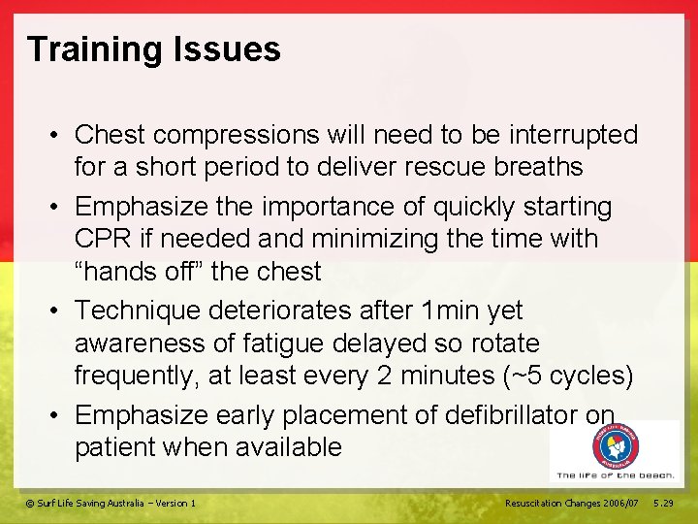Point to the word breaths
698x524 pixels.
coord(535,167)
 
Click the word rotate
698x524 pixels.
coord(500,344)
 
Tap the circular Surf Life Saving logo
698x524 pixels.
coord(617,447)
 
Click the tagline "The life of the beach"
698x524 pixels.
coord(615,475)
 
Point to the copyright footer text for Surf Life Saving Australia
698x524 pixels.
coord(111,503)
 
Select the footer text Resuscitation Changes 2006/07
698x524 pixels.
coord(572,503)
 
